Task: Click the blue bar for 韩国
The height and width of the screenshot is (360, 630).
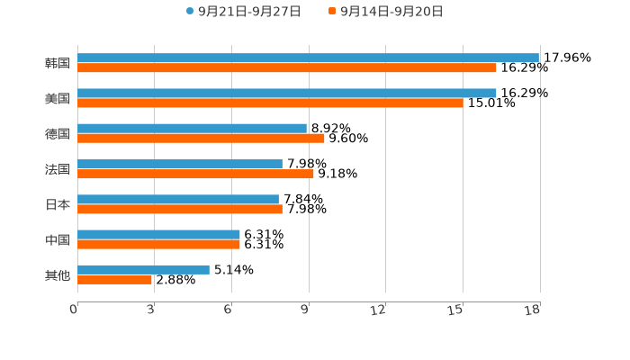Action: tap(308, 58)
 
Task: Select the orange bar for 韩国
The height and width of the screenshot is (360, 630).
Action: tap(287, 67)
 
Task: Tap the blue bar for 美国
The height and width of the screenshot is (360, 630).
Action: tap(287, 93)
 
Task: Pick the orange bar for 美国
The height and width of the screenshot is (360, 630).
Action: tap(270, 103)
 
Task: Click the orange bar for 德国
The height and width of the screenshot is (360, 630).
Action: tap(201, 138)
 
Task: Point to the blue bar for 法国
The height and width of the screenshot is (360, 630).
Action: tap(180, 164)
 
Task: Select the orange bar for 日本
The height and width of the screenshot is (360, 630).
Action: tap(180, 209)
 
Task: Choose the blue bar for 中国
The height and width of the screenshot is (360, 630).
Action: tap(158, 234)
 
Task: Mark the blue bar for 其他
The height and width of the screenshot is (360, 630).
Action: tap(143, 269)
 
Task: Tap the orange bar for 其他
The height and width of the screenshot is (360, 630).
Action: tap(114, 279)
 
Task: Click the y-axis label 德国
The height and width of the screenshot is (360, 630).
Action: tap(58, 133)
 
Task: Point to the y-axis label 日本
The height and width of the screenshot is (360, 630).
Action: tap(58, 204)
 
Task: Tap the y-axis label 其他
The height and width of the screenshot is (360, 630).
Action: tap(58, 274)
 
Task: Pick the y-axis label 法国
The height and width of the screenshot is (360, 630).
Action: tap(58, 168)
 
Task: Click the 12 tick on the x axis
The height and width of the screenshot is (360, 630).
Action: tap(379, 310)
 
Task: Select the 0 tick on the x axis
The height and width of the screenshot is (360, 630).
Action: tap(74, 310)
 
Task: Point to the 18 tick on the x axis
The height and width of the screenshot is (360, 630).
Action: tap(533, 310)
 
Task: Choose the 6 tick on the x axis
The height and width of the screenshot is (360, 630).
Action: tap(229, 310)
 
